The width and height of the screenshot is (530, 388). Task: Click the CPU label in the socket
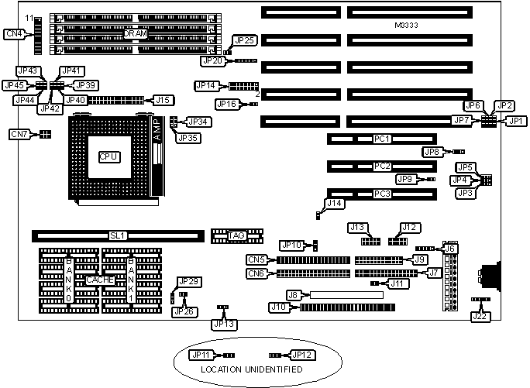[x=108, y=156]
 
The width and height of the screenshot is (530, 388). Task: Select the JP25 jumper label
[x=244, y=40]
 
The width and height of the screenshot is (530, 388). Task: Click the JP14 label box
[x=205, y=85]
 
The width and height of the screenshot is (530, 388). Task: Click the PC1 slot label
[x=381, y=139]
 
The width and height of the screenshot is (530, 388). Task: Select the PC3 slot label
[x=381, y=193]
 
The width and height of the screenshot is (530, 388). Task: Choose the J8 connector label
[x=293, y=295]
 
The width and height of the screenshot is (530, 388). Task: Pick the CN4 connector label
[x=13, y=33]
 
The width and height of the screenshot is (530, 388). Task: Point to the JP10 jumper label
[x=292, y=246]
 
